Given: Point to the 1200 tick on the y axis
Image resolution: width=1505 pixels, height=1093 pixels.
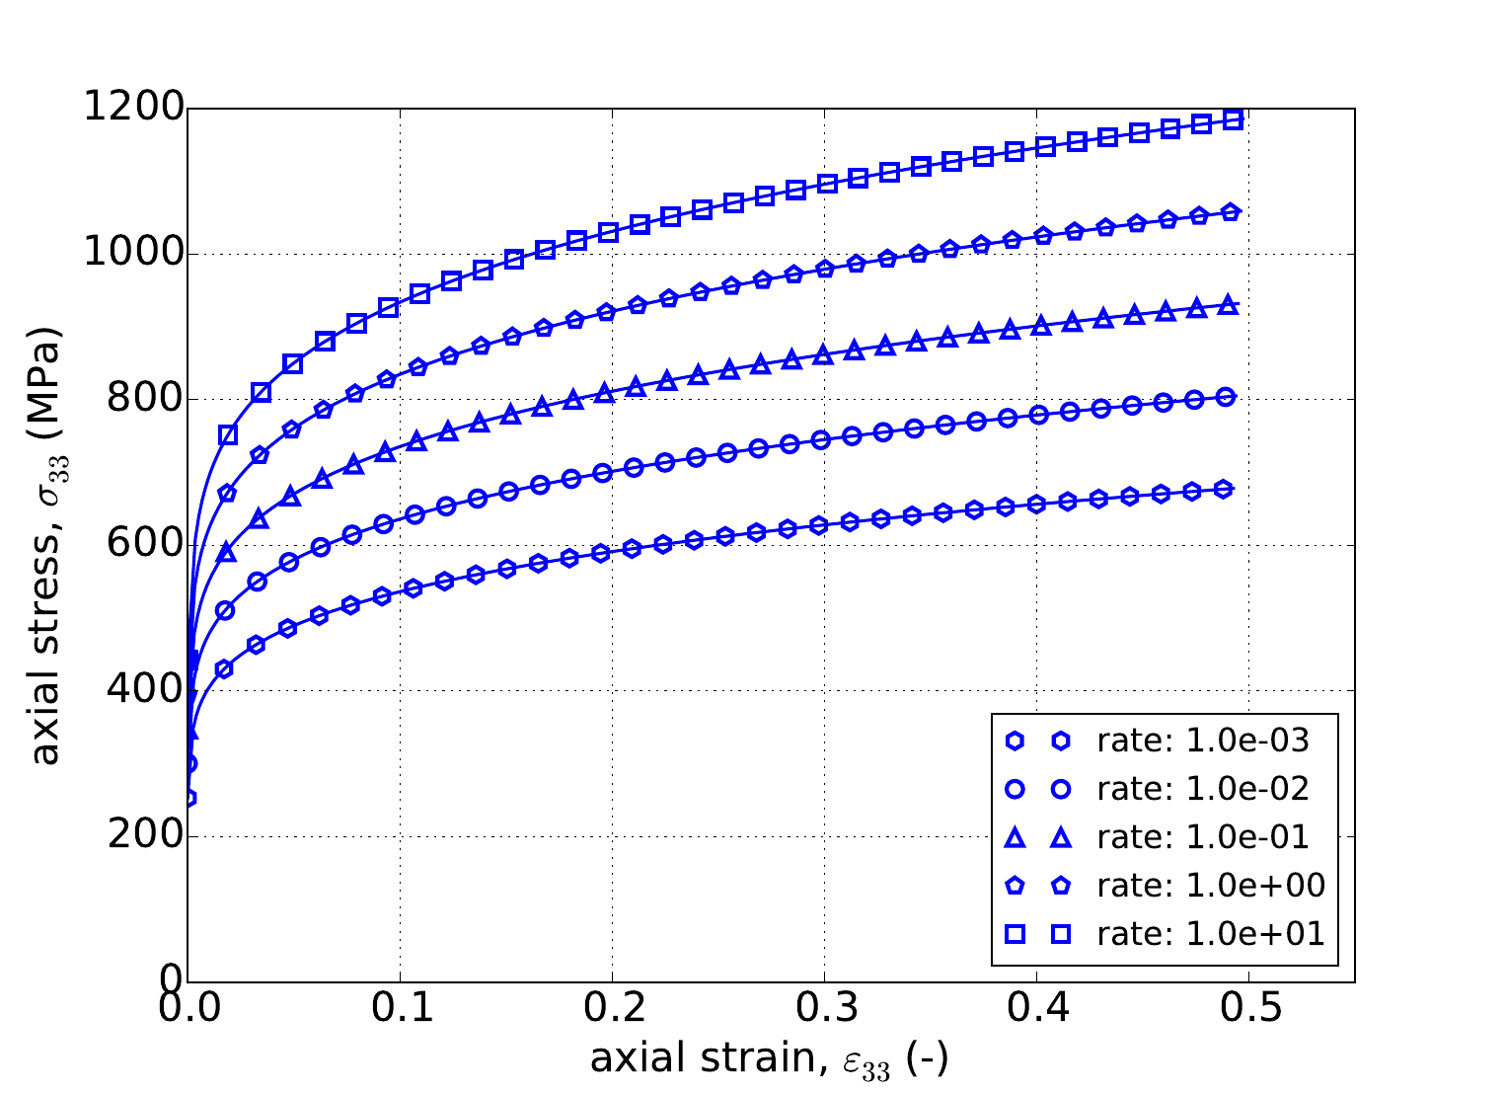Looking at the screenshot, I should pos(133,109).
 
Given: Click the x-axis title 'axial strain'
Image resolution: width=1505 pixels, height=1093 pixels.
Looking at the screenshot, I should pos(769,1058).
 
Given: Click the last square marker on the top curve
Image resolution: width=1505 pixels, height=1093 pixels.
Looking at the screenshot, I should pos(1232,119).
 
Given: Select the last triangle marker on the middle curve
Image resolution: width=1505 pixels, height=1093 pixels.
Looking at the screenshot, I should pos(1229,305).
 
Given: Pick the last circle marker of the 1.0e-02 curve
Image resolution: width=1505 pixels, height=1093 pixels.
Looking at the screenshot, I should pos(1226,397).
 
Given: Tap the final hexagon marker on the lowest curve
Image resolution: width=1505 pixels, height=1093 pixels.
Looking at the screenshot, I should pos(1223,489).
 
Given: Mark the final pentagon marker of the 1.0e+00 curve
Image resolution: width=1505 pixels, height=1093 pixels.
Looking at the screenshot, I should pos(1231,212).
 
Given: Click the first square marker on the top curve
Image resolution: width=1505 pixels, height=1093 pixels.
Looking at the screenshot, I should pos(228,435).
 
